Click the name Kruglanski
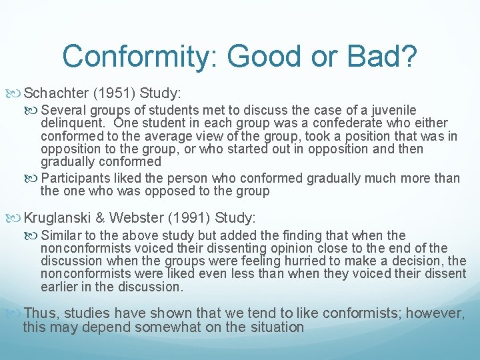57,217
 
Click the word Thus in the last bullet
38,313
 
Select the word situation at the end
273,327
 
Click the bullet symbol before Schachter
17,92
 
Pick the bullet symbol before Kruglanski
17,217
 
